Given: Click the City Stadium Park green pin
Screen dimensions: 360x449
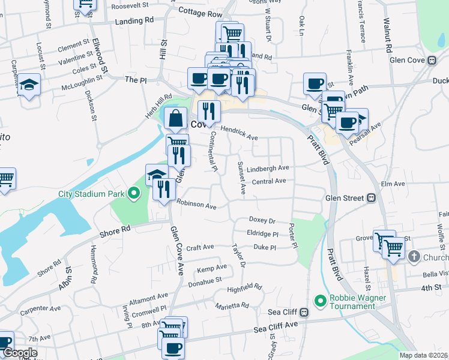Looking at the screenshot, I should (x=134, y=194).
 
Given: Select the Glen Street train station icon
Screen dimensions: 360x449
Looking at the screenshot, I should (x=372, y=197).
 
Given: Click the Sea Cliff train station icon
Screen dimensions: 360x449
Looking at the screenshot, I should (x=304, y=312).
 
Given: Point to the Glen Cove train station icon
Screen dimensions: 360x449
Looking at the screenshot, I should (x=432, y=60).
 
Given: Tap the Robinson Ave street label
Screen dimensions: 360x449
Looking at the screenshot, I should (x=196, y=205).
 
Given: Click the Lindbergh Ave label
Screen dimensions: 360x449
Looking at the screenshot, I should (x=268, y=168).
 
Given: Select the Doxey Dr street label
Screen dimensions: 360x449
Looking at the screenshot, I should (x=262, y=221).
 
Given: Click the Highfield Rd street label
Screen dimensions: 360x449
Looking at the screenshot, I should (x=244, y=289).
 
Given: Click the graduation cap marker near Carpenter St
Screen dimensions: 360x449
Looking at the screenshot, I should (x=28, y=84).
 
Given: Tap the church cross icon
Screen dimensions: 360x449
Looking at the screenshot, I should (x=414, y=257).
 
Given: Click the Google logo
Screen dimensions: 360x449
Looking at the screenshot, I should (x=20, y=353).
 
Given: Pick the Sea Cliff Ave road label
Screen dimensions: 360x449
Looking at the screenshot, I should (x=276, y=328).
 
